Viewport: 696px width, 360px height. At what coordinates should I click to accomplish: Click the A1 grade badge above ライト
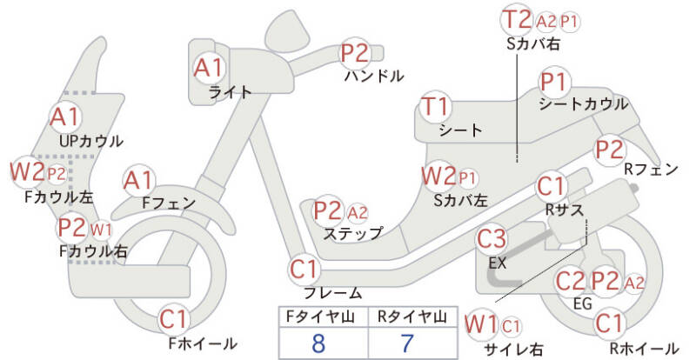click(x=209, y=66)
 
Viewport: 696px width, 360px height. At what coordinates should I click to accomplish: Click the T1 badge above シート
click(x=436, y=107)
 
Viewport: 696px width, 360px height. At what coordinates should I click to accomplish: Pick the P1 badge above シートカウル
click(x=553, y=83)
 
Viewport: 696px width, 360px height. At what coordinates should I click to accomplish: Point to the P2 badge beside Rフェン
click(x=609, y=149)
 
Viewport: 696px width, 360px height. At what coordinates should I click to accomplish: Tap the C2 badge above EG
click(x=570, y=280)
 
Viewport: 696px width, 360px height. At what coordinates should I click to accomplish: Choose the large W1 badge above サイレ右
click(x=480, y=324)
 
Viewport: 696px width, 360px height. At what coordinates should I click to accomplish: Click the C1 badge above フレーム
click(x=305, y=268)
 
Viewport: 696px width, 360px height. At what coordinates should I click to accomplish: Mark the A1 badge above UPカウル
click(x=65, y=115)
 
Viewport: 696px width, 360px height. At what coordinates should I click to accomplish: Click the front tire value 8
click(x=318, y=342)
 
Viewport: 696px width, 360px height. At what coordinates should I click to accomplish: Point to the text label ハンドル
click(x=374, y=76)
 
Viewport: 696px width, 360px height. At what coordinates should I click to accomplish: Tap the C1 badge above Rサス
click(x=552, y=186)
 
